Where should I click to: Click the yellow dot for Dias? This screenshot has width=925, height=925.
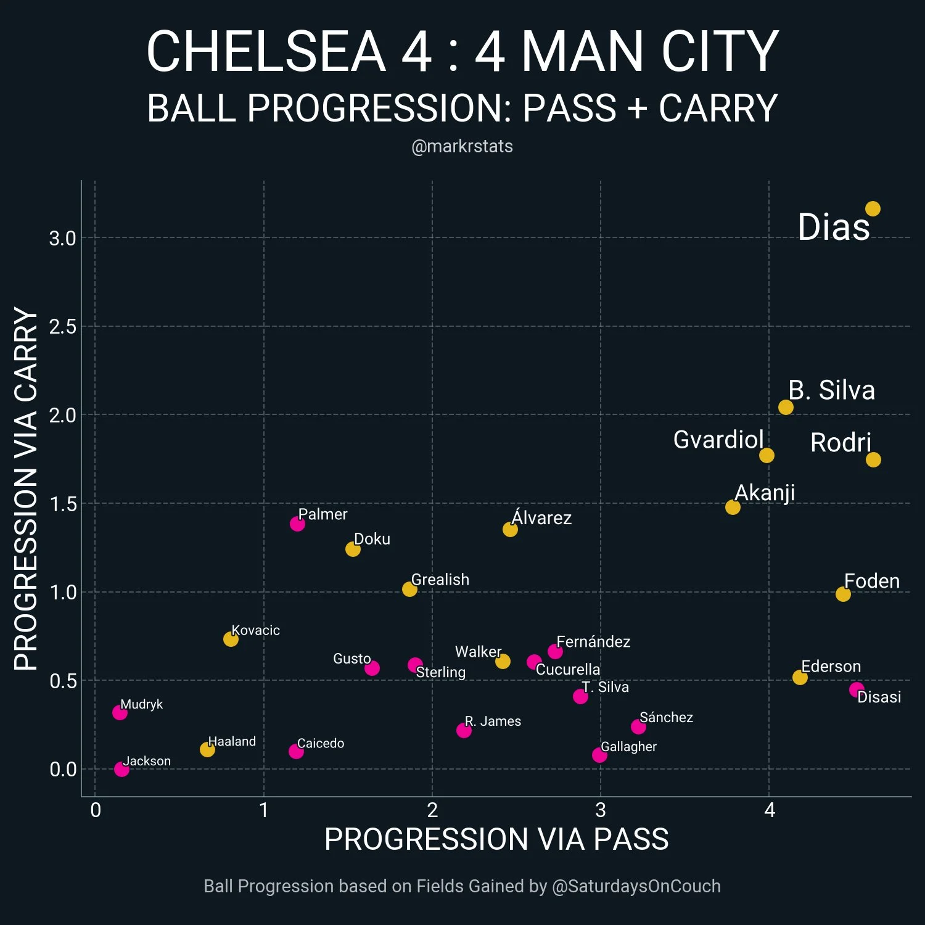coord(873,209)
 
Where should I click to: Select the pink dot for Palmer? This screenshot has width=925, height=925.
coord(297,524)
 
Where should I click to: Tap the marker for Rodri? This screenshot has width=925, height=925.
coord(873,459)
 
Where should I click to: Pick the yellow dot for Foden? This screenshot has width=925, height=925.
coord(843,594)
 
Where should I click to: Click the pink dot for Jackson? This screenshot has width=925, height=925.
coord(121,769)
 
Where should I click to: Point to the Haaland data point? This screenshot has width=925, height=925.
coord(207,749)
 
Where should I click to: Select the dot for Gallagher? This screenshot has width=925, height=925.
coord(599,755)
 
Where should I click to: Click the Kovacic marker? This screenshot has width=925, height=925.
coord(231,639)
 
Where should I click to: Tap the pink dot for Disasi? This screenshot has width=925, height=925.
coord(857,689)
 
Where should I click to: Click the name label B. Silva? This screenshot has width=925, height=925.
coord(831,390)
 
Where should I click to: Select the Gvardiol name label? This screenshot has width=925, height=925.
coord(718,440)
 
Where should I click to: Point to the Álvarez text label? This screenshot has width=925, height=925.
coord(541,517)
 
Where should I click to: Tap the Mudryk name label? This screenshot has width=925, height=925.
coord(141,704)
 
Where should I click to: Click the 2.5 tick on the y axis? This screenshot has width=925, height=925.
coord(63,326)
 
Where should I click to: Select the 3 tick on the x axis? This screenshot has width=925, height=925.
coord(601,810)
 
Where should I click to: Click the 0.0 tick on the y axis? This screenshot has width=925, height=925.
coord(63,769)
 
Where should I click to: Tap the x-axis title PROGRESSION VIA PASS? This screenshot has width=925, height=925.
coord(496,839)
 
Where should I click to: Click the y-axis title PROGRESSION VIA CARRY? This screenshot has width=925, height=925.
coord(26,488)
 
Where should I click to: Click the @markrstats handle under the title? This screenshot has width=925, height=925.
coord(462,146)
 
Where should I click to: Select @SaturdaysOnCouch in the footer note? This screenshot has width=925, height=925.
coord(636,886)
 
